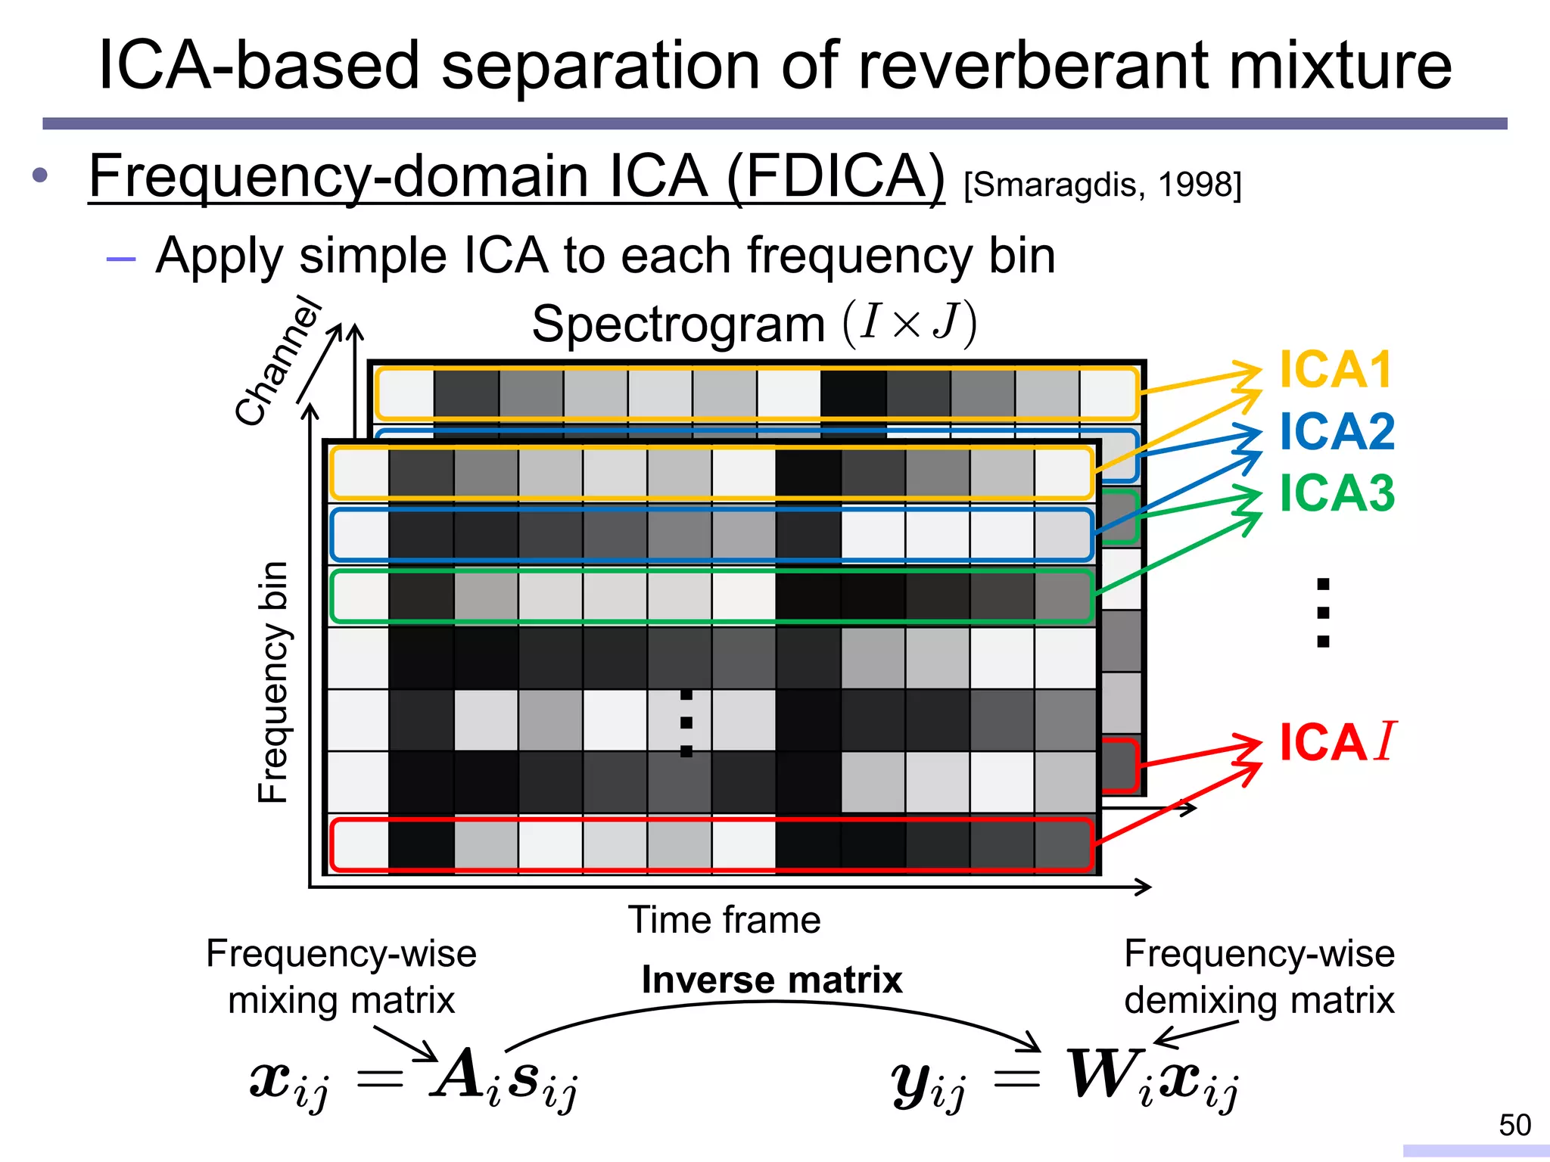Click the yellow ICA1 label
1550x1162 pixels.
tap(1335, 370)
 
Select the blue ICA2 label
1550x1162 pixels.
tap(1337, 432)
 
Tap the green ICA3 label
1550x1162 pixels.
tap(1337, 493)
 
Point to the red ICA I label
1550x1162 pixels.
tap(1337, 742)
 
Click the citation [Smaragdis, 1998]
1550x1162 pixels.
tap(1103, 185)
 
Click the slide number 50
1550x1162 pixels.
tap(1514, 1125)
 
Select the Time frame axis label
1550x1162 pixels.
tap(724, 921)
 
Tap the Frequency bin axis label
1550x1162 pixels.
tap(273, 682)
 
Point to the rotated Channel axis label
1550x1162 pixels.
tap(278, 362)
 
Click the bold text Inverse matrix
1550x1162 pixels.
tap(772, 980)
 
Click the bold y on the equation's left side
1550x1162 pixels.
tap(912, 1080)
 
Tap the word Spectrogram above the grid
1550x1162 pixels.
tap(678, 325)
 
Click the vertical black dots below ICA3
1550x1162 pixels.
tap(1323, 613)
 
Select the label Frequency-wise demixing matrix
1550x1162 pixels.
tap(1259, 977)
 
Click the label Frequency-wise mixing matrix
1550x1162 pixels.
tap(341, 977)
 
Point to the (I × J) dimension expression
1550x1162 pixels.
tap(910, 323)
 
